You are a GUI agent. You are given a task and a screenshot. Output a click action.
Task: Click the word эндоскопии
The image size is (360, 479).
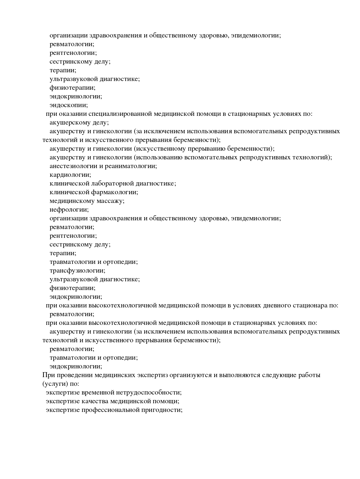pos(69,105)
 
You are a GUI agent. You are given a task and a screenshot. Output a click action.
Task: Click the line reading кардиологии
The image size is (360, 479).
pos(70,175)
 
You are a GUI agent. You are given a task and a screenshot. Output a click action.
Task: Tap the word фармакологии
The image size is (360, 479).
pos(115,192)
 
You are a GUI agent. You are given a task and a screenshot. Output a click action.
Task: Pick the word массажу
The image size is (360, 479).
pos(111,201)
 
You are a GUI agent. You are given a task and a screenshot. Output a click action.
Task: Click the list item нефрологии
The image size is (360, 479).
pos(69,210)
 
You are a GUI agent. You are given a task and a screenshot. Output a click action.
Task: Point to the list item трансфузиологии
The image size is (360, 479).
pos(77,271)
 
